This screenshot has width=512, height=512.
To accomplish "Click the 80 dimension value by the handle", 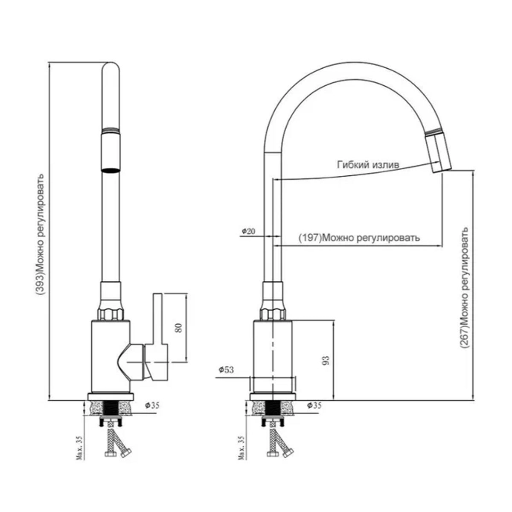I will click(x=179, y=327).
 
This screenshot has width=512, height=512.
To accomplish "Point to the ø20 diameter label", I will click(x=247, y=231).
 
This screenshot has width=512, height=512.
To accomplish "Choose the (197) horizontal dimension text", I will click(x=358, y=238).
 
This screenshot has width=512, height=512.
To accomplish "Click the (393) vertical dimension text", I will click(x=40, y=234).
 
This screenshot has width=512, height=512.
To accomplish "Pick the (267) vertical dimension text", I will click(x=465, y=288).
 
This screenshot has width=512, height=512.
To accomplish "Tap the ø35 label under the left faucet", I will click(x=152, y=405).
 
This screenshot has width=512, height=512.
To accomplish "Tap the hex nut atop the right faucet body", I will click(x=273, y=313).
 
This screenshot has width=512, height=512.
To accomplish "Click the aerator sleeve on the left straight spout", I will click(x=111, y=151).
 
